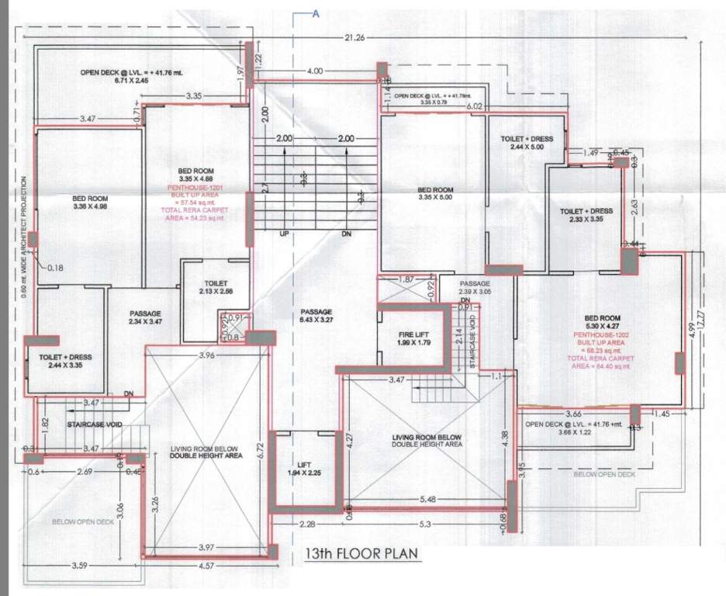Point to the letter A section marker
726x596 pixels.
point(316,13)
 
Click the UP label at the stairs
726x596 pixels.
point(284,233)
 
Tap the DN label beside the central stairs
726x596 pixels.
point(345,233)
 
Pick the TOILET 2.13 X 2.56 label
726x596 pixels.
point(215,287)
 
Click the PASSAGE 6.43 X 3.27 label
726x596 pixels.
point(316,316)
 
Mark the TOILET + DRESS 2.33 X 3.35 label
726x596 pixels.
point(586,215)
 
